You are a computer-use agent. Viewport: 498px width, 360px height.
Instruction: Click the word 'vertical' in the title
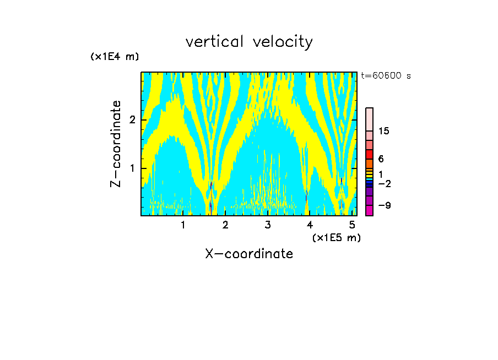tap(212, 42)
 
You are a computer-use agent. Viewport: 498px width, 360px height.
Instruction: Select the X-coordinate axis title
tap(249, 254)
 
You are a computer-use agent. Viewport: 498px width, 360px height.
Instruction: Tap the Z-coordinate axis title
tap(116, 144)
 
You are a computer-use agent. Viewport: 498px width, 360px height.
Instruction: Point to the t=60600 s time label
tap(386, 76)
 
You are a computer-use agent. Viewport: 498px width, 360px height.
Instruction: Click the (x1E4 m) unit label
tap(115, 57)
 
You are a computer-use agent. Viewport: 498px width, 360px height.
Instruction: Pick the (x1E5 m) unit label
tap(336, 237)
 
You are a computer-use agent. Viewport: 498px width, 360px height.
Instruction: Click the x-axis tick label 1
tap(183, 225)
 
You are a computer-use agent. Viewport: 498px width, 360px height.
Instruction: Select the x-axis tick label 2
tap(225, 225)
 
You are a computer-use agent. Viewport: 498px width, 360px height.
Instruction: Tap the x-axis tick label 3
tap(268, 225)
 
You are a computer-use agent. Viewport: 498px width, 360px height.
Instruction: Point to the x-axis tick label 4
tap(310, 225)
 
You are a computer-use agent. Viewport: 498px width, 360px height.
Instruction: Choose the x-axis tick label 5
tap(351, 225)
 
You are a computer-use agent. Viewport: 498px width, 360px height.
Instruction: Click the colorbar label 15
tap(384, 131)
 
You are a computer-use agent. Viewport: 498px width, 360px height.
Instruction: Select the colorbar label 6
tap(381, 159)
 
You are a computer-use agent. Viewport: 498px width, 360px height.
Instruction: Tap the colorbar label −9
tap(384, 205)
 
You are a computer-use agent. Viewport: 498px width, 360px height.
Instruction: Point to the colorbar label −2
tap(384, 183)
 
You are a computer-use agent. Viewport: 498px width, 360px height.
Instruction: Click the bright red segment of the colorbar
tap(370, 154)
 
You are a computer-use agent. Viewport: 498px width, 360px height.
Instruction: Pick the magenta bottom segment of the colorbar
tap(370, 210)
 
